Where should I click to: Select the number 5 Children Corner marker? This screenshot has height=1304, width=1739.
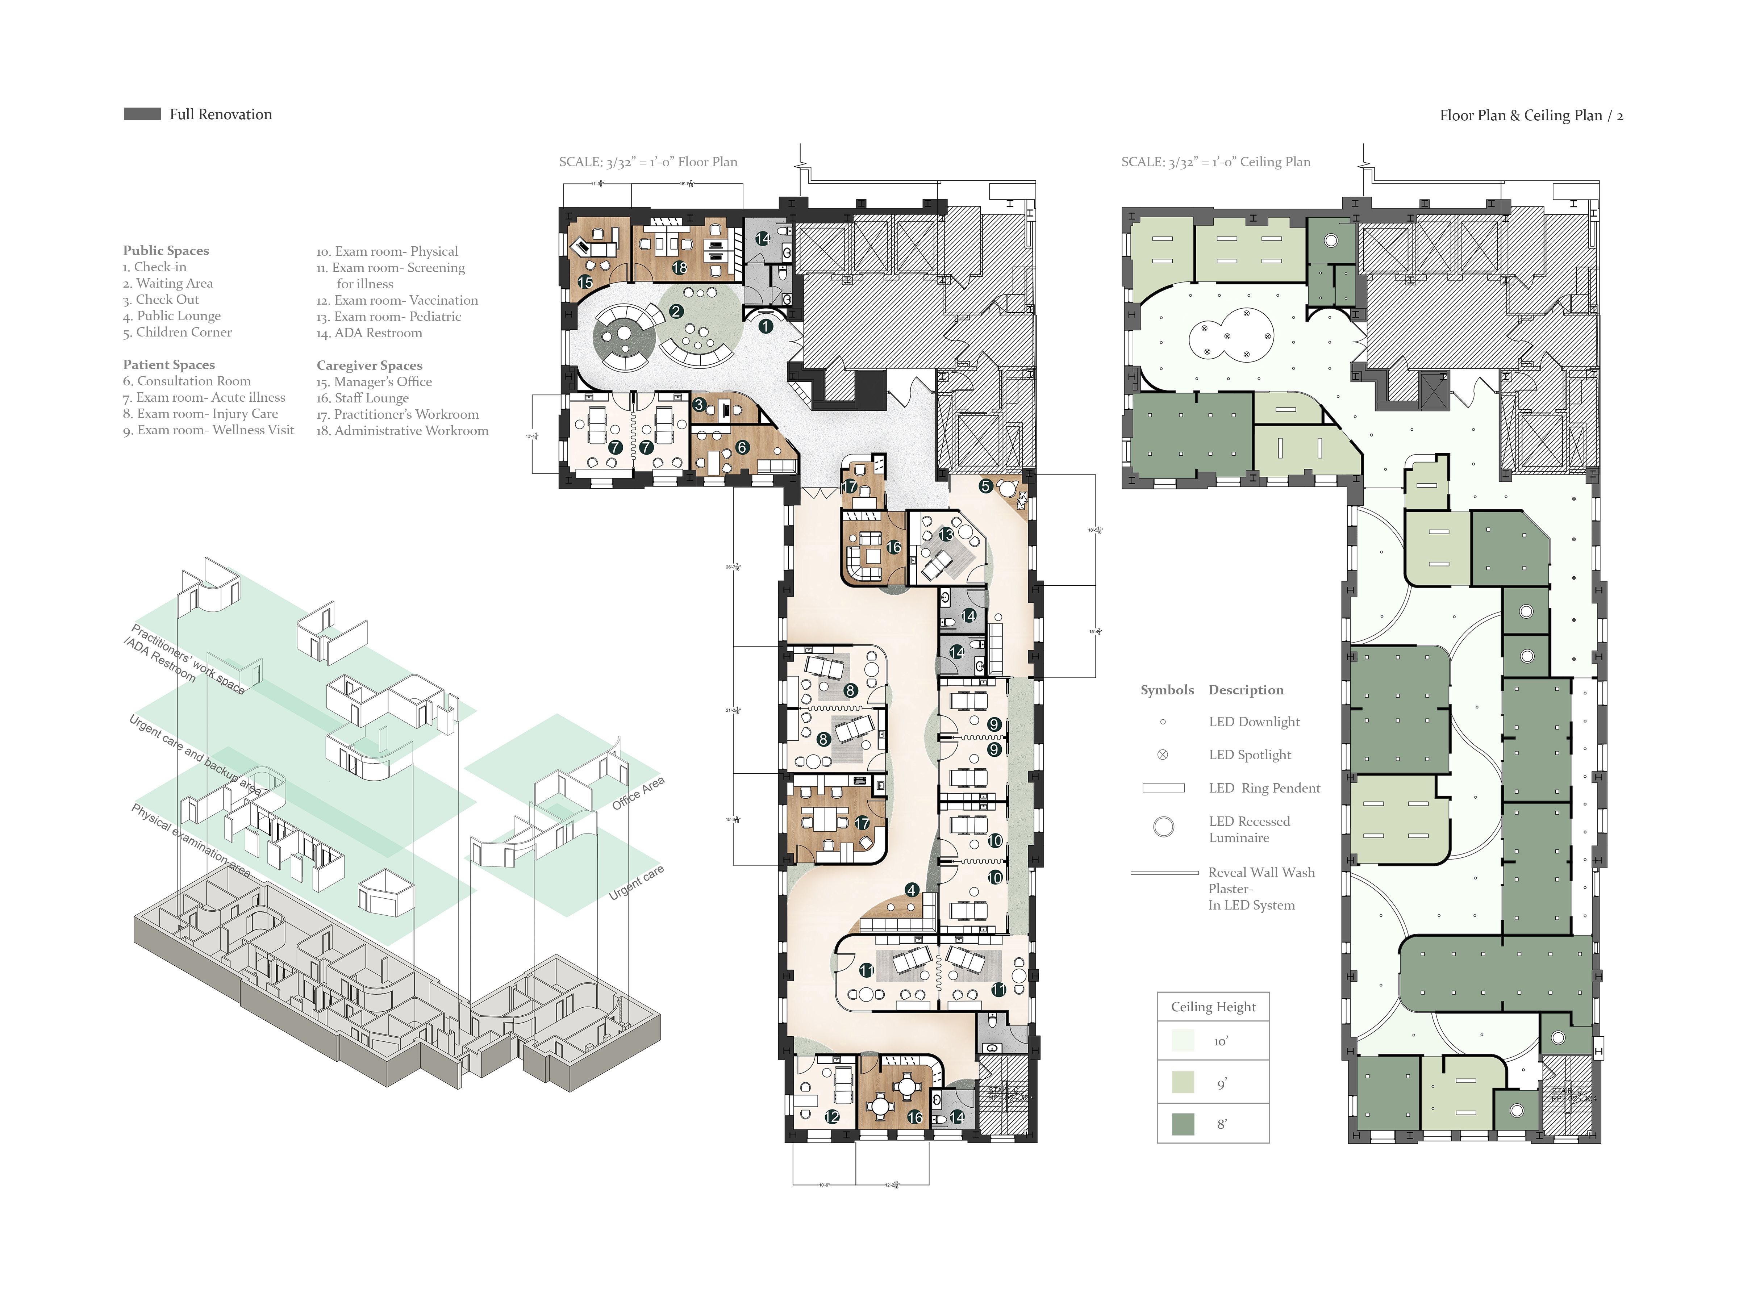(x=985, y=486)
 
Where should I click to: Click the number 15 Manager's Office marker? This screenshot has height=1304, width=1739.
(x=585, y=281)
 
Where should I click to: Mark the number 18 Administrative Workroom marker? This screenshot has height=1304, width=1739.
(x=679, y=268)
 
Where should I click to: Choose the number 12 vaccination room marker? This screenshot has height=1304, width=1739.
(x=832, y=1116)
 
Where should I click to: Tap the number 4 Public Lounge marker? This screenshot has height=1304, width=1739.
(x=911, y=890)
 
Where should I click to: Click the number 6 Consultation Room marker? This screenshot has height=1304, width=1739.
(x=741, y=447)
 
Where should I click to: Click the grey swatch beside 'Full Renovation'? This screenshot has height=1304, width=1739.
(x=142, y=114)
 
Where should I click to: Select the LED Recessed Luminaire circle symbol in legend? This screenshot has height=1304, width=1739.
(x=1164, y=826)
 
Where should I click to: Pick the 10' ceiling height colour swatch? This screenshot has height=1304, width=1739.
(x=1183, y=1041)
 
